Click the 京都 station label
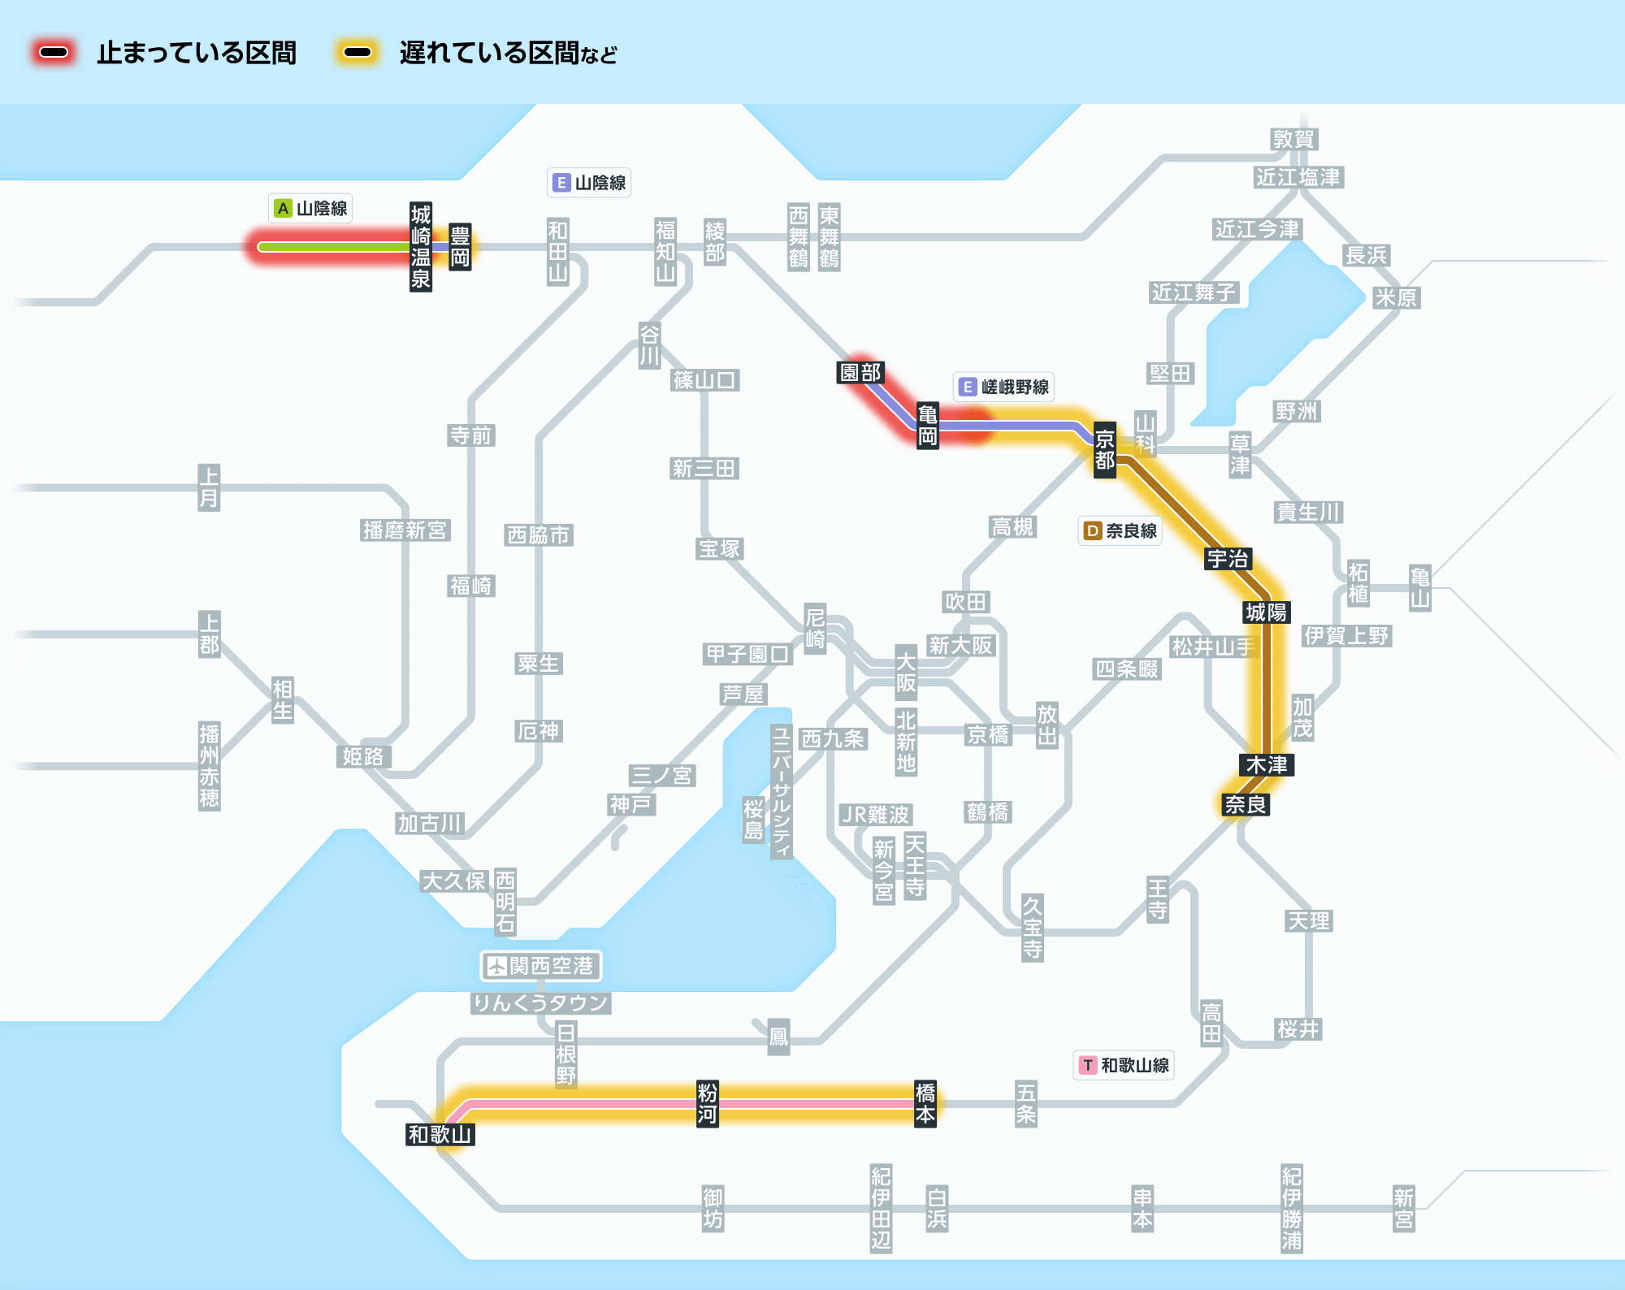1104,450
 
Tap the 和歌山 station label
440,1134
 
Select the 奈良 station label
1246,804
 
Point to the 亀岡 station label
927,425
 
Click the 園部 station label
860,372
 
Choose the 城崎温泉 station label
420,247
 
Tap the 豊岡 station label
460,247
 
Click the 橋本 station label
925,1103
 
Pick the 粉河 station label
707,1103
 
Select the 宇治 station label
1228,559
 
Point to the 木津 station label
1267,764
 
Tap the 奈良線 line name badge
1120,530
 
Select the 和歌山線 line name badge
1124,1065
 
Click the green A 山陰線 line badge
311,208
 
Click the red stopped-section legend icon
54,53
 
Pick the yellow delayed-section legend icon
357,53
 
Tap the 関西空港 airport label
541,966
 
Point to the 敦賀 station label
1293,139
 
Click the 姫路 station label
363,756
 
